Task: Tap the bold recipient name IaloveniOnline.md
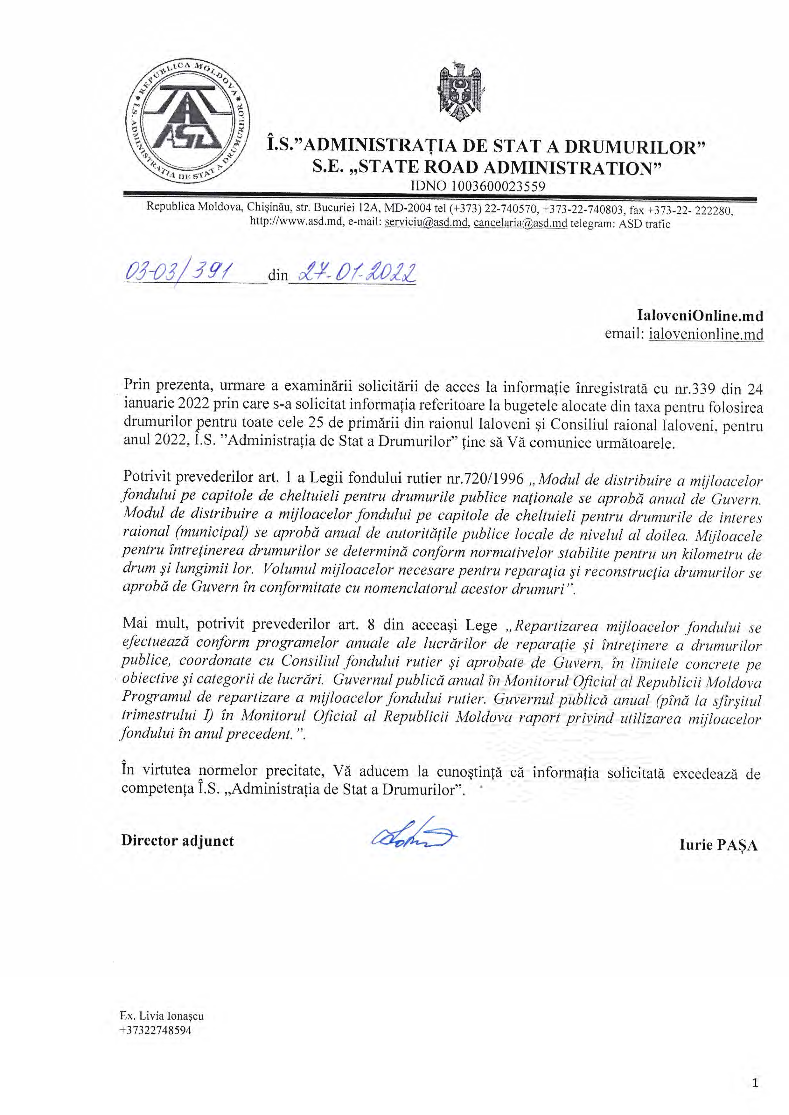[x=700, y=316]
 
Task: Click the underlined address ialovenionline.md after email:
[x=706, y=334]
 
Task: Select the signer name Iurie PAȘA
[x=718, y=845]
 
